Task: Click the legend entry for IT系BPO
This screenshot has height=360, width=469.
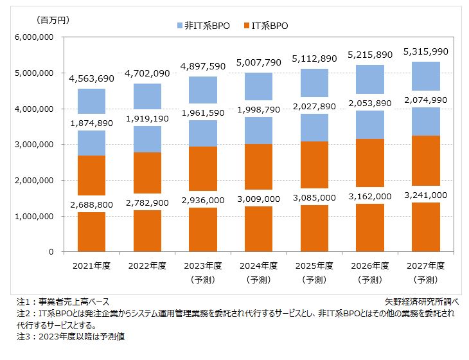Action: (266, 26)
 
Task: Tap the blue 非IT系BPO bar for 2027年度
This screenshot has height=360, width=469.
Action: (421, 76)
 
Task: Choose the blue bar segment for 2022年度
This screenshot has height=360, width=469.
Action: (148, 96)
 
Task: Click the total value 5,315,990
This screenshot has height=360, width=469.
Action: (421, 51)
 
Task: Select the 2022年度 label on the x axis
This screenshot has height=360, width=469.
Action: (148, 265)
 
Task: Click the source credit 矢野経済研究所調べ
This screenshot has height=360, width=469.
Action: (421, 301)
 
